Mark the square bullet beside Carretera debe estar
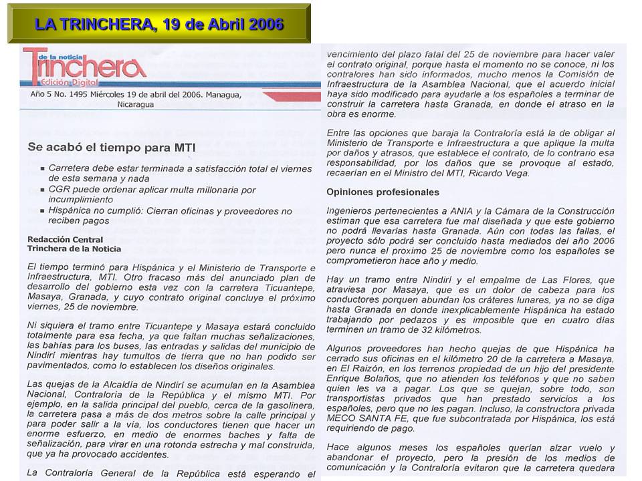(43, 170)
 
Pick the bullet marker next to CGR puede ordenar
(43, 190)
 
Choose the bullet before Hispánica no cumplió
(43, 211)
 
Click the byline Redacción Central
(65, 239)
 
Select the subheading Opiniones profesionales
(383, 192)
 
